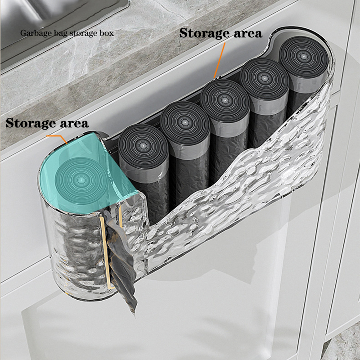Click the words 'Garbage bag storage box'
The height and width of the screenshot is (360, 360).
(67, 33)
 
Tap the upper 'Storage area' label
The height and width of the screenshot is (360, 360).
(220, 33)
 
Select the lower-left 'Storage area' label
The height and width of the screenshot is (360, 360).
(47, 123)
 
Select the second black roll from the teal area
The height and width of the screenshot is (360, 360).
(185, 147)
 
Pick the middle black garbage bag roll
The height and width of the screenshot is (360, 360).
(225, 129)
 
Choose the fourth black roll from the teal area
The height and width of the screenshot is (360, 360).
(264, 101)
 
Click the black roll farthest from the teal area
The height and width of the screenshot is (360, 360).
(303, 76)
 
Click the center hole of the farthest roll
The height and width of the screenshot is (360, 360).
(303, 56)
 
